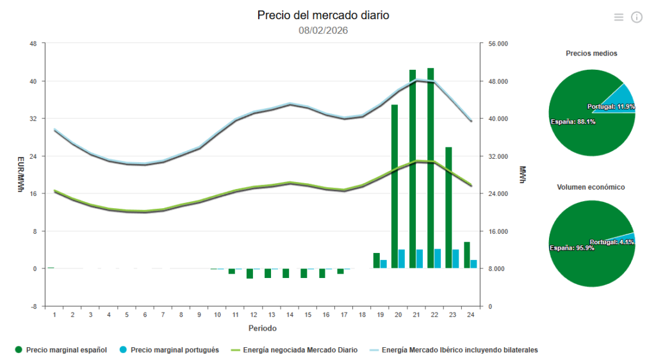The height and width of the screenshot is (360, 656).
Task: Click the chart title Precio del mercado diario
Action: tap(323, 15)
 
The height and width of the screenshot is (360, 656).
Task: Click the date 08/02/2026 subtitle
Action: tap(323, 30)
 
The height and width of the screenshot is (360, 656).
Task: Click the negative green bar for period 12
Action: tap(250, 274)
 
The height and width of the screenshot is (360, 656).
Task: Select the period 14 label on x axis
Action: tap(290, 315)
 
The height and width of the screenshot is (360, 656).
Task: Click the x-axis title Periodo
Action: tap(263, 328)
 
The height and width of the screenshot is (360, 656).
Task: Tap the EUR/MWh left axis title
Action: tap(20, 174)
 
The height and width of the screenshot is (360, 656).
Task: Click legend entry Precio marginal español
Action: tap(61, 350)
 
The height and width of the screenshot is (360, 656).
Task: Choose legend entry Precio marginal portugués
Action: tap(169, 350)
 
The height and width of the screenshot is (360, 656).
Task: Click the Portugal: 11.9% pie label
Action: tap(611, 106)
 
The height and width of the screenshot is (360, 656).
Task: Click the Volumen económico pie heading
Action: tap(591, 187)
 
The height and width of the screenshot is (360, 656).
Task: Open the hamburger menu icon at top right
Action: tap(618, 17)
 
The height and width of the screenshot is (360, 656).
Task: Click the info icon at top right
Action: tap(637, 17)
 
